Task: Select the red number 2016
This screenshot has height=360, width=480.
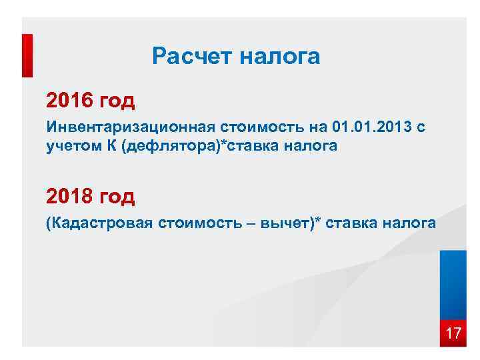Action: tap(70, 101)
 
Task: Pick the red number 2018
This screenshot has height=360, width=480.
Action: tap(70, 196)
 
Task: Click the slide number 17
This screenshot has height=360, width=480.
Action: tap(453, 333)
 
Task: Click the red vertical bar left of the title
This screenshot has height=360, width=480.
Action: tap(27, 57)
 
